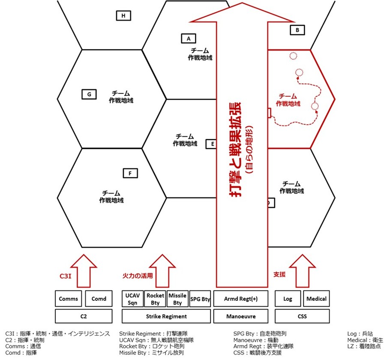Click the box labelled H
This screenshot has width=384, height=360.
123,16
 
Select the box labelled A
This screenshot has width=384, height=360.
189,39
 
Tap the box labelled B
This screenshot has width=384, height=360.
297,30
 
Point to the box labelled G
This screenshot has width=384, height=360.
89,94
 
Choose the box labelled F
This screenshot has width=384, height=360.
130,174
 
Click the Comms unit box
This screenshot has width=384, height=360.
68,299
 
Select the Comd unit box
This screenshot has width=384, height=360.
99,299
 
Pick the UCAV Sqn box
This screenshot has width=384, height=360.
132,299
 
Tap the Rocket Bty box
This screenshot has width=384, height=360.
155,299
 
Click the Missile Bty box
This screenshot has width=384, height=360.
177,299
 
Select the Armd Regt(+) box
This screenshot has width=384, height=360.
241,299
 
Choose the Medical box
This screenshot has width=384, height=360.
316,299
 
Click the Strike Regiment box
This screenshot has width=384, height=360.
166,316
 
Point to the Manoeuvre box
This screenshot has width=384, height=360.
241,316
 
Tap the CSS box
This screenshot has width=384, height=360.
302,316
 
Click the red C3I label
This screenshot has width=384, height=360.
66,276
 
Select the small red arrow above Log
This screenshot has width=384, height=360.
302,271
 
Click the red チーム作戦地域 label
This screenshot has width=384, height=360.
288,100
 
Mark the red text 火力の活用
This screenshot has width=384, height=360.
138,276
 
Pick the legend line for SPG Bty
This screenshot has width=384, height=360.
260,333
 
